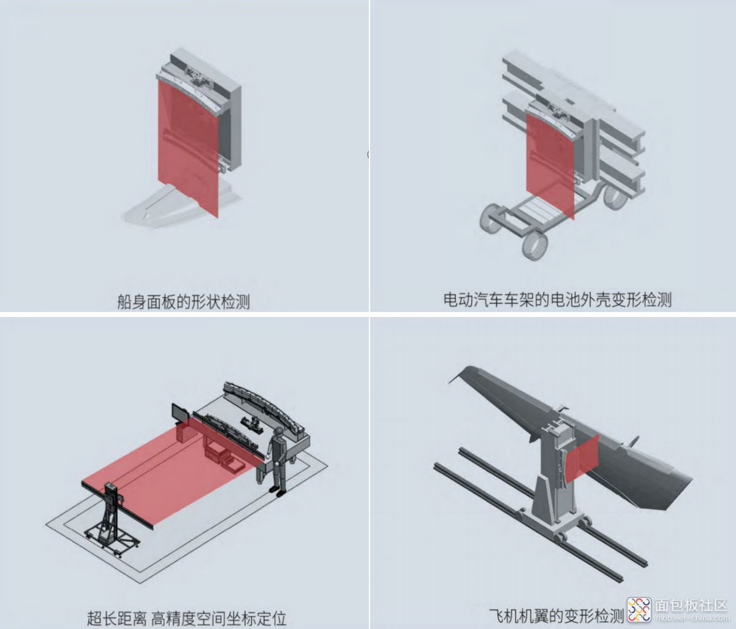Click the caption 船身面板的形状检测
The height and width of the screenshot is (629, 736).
point(183,302)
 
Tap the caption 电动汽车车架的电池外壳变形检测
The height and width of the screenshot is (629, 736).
point(558,300)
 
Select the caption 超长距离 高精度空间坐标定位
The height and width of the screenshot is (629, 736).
point(186,619)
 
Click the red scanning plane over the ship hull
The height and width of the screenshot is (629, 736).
point(188,146)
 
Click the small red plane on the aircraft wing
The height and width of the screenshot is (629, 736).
point(582,459)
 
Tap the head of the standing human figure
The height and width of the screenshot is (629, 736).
point(278,432)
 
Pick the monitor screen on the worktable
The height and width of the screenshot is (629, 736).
point(180,413)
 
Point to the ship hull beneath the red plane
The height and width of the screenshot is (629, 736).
point(181,205)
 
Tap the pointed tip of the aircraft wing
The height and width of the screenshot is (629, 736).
point(449,384)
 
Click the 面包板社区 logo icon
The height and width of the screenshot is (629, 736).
point(639,610)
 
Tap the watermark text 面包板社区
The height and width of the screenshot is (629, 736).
point(691,606)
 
